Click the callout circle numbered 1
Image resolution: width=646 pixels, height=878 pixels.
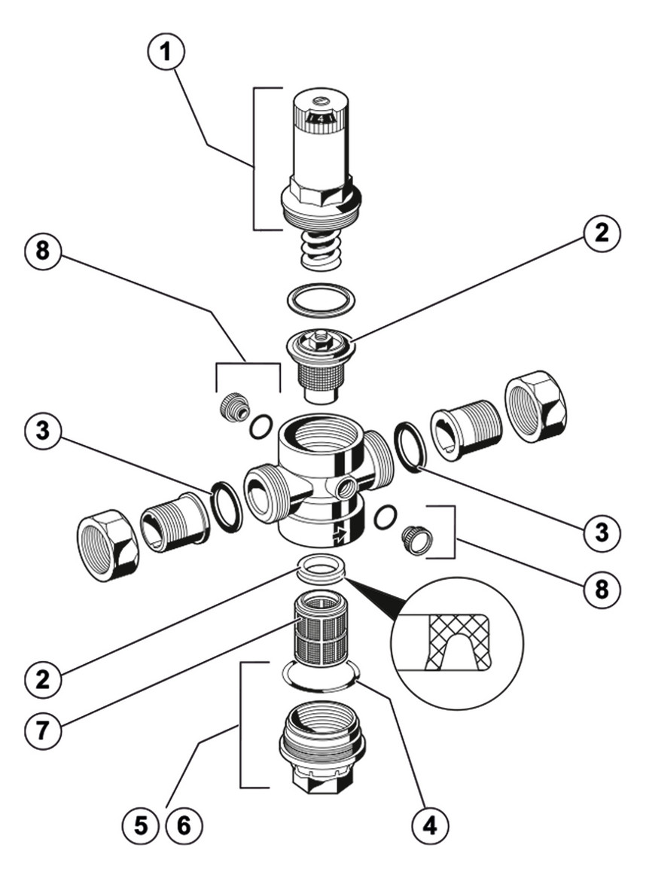[166, 52]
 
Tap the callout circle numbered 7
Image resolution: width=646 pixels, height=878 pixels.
[43, 730]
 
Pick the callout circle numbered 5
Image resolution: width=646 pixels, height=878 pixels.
[141, 825]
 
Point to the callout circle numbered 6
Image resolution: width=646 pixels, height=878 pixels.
[184, 825]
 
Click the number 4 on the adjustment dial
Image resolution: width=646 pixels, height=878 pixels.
[320, 119]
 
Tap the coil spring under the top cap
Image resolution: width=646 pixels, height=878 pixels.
[321, 251]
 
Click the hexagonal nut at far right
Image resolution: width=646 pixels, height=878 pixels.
[535, 406]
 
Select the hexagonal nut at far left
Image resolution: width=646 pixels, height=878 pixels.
[108, 545]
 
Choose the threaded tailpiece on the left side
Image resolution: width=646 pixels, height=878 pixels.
[175, 521]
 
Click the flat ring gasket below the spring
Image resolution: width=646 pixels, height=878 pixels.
[321, 300]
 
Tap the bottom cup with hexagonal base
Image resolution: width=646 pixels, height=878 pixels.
[322, 745]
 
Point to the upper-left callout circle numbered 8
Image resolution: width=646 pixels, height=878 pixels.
[43, 250]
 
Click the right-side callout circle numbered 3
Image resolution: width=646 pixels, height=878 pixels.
[602, 532]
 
